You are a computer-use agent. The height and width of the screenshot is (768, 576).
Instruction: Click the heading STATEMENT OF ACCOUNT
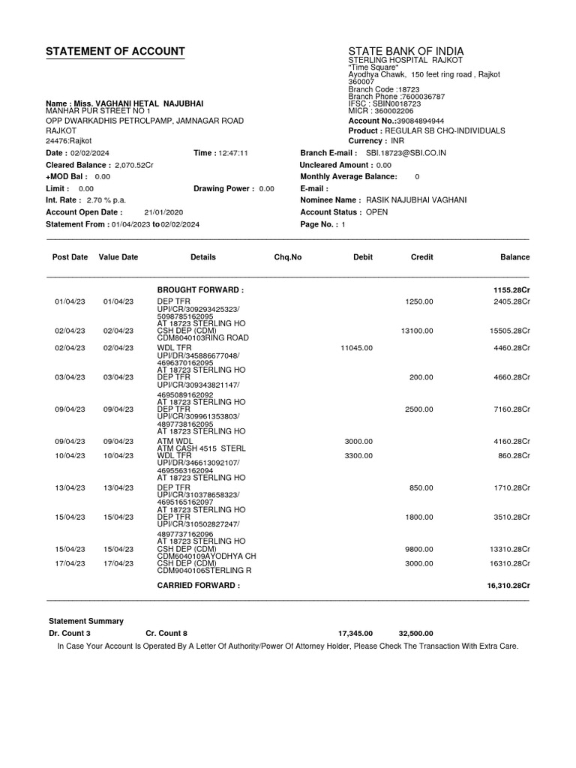pos(115,52)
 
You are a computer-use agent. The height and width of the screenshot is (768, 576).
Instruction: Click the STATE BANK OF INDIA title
pos(406,51)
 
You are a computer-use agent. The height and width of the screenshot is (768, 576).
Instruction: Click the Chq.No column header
pos(288,257)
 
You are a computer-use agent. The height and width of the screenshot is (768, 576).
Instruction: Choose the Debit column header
pos(363,257)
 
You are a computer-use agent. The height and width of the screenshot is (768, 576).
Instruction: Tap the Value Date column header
pos(118,257)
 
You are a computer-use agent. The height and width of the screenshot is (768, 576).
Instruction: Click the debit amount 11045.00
pos(356,348)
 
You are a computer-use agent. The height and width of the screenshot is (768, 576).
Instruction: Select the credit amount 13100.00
pos(417,330)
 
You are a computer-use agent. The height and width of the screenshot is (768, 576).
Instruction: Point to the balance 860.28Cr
pos(514,455)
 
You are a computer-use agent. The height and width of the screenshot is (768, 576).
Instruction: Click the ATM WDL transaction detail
pos(174,441)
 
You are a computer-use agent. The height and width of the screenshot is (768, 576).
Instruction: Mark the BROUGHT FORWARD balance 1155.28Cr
pos(511,289)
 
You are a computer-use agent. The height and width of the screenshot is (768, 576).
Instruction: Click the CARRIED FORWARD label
pos(198,585)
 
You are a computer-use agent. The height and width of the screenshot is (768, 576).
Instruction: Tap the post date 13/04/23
pos(70,487)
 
